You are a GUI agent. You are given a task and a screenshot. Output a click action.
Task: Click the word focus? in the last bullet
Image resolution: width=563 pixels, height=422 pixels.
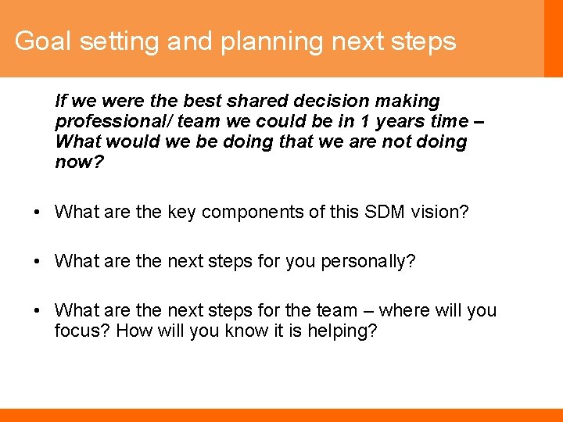[x=82, y=331]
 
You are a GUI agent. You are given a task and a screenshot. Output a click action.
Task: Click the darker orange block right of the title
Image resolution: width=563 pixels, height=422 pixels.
[x=553, y=38]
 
